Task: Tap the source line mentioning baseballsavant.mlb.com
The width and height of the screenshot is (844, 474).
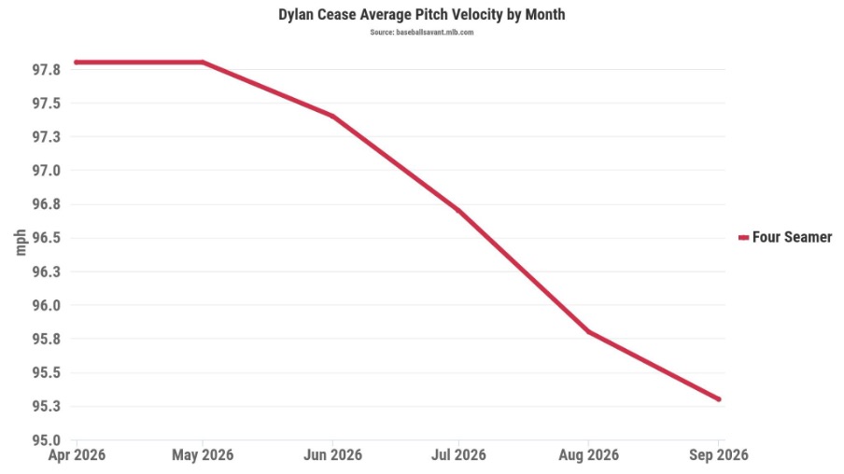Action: [x=421, y=33]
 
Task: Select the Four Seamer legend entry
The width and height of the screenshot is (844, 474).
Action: [x=785, y=237]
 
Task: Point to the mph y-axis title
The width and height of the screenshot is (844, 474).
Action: [x=21, y=242]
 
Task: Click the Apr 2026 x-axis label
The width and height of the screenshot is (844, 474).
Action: [x=77, y=455]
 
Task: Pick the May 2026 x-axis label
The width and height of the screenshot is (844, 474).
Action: [x=203, y=455]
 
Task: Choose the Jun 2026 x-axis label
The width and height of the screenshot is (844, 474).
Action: [x=332, y=455]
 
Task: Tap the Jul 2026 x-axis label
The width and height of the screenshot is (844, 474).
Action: [x=458, y=455]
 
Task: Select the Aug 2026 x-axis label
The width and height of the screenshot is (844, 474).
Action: [x=588, y=455]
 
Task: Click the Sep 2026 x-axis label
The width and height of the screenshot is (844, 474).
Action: [x=719, y=455]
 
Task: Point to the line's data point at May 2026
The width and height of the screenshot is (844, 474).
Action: [x=203, y=63]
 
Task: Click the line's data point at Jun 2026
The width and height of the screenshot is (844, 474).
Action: [x=332, y=117]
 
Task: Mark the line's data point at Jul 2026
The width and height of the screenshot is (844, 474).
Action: [x=458, y=210]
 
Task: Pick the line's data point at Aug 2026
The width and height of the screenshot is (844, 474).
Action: [x=588, y=332]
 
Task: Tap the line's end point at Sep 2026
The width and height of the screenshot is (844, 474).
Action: [x=719, y=399]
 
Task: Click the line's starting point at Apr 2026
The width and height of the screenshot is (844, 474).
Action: [x=77, y=63]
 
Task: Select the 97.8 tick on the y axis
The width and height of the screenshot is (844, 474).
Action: [x=47, y=70]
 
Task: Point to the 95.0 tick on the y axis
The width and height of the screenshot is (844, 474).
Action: [x=47, y=440]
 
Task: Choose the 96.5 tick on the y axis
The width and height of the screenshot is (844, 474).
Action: [x=47, y=238]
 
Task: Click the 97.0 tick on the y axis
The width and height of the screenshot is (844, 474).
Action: [x=47, y=171]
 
